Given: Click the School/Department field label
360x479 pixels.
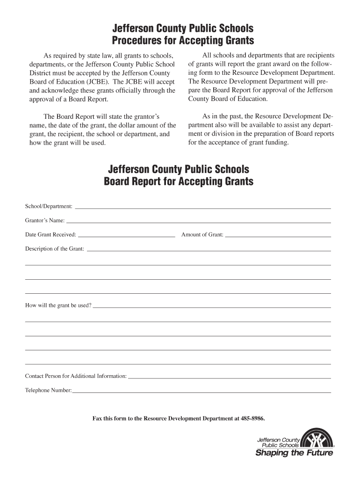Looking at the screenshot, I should click(x=49, y=206).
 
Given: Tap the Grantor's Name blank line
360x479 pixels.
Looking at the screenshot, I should click(x=199, y=222).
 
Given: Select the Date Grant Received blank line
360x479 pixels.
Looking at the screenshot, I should click(x=126, y=236).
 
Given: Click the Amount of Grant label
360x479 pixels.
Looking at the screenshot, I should click(x=202, y=234).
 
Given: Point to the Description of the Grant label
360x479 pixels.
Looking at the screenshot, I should click(x=55, y=249).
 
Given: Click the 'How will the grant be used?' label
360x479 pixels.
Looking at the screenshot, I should click(x=58, y=305).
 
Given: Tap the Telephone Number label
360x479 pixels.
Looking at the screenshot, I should click(x=48, y=390).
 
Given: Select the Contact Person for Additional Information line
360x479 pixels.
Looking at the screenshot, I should click(x=229, y=377).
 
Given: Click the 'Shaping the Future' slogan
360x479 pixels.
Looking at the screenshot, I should click(x=294, y=453).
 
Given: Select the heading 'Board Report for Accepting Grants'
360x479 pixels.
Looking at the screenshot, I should click(x=179, y=181).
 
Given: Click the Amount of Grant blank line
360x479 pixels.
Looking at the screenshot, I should click(x=278, y=236).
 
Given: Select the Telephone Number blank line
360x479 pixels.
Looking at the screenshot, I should click(x=202, y=392).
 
